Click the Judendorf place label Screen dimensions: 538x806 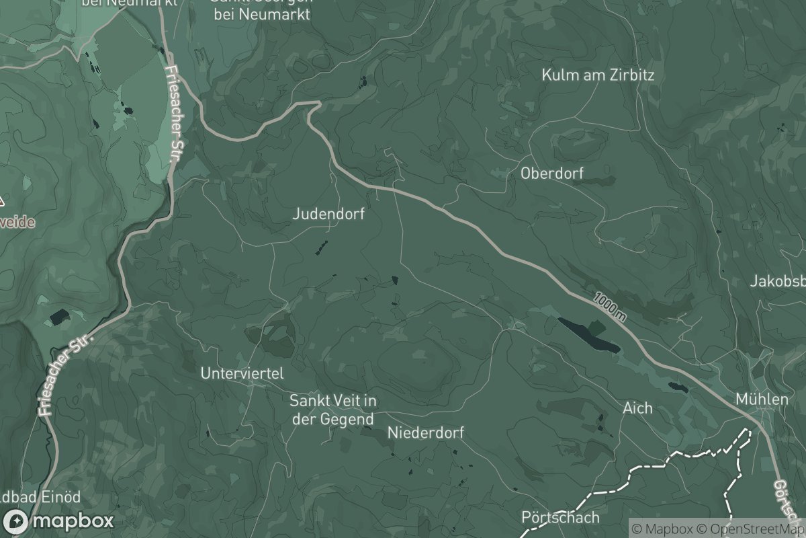pos(328,214)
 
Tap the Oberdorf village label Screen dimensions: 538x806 pos(552,173)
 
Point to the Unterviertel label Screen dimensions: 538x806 pos(242,373)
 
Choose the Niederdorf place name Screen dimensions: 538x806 pos(426,432)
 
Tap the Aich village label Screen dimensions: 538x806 pos(637,408)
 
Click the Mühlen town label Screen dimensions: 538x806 pos(762,399)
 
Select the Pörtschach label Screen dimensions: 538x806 pos(560,518)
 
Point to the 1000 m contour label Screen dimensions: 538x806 pos(610,306)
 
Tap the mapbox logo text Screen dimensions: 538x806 pos(73,521)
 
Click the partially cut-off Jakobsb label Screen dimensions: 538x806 pos(778,281)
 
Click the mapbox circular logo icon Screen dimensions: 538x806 pos(16,521)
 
